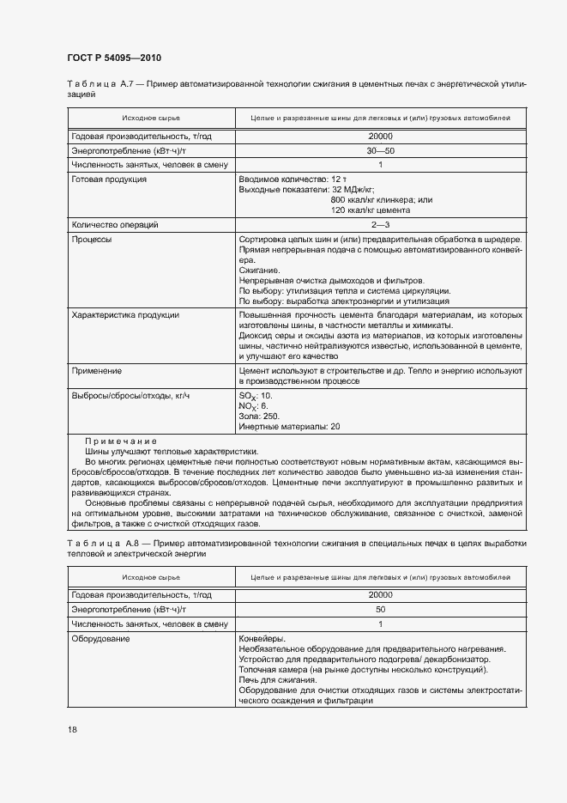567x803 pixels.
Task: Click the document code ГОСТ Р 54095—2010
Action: [x=114, y=58]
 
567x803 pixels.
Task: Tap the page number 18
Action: [x=72, y=729]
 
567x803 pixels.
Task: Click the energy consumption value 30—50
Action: [x=379, y=149]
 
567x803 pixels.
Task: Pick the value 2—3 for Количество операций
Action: [x=379, y=224]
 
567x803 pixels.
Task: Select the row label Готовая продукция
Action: [x=109, y=179]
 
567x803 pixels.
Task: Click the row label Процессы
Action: [x=92, y=240]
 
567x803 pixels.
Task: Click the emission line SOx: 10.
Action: [x=255, y=395]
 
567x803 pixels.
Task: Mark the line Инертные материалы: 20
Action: [x=289, y=426]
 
